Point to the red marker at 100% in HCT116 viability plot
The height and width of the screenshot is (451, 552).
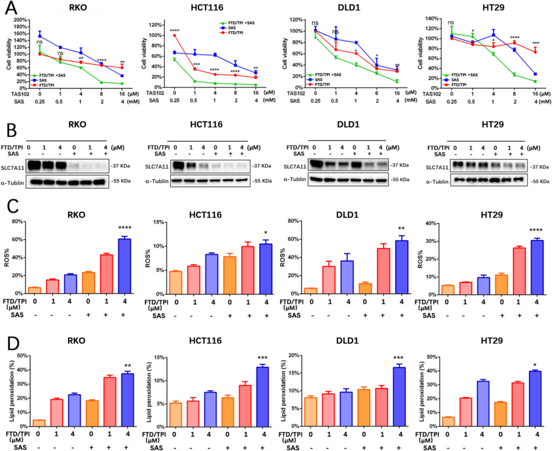click(175, 35)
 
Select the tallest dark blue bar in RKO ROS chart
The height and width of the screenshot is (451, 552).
click(124, 266)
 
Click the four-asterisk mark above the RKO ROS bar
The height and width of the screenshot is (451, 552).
click(124, 228)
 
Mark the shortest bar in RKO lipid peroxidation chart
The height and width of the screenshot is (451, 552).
click(39, 423)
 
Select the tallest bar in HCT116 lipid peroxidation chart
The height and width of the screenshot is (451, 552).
click(262, 396)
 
